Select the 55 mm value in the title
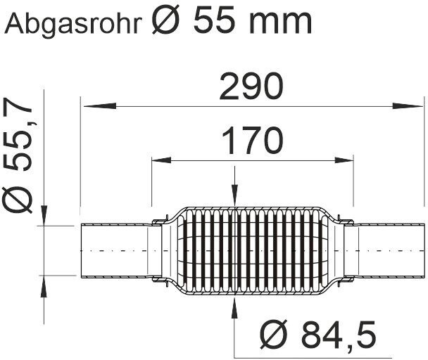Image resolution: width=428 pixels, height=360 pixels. (x=252, y=20)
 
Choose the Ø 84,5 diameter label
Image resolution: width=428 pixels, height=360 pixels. (x=318, y=334)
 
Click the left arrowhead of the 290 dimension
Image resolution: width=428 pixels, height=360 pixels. (x=100, y=105)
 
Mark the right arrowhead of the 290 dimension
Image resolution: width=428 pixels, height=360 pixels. (x=407, y=105)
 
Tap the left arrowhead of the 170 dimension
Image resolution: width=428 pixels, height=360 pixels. (x=162, y=160)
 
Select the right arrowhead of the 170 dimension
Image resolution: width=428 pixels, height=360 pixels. (x=344, y=160)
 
